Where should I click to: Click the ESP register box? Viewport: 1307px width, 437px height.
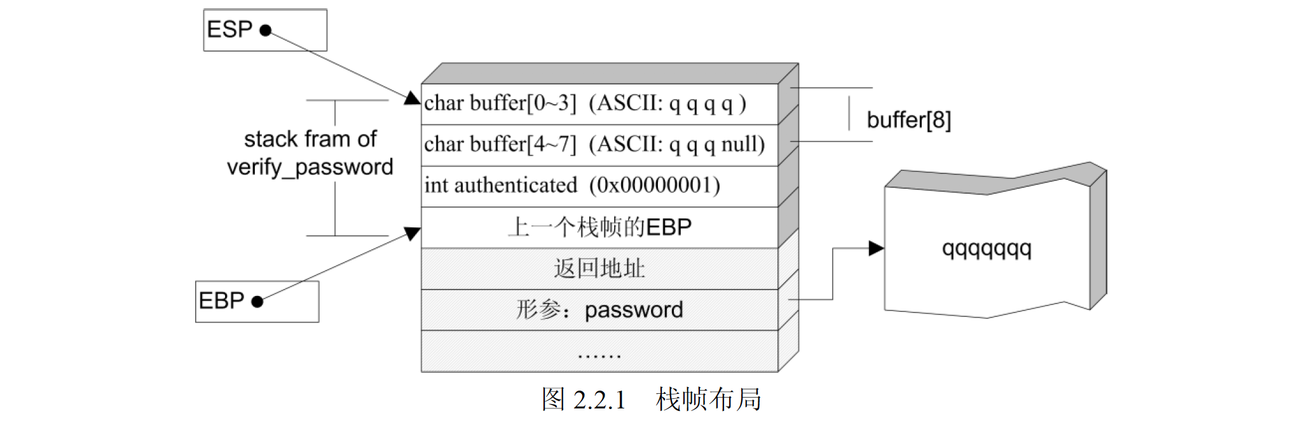pos(265,30)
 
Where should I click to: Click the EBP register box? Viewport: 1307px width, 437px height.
pos(257,302)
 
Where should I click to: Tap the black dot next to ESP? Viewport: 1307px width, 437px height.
pos(266,30)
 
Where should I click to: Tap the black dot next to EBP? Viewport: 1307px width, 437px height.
pos(257,302)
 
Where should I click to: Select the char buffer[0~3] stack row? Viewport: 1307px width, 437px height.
pos(599,104)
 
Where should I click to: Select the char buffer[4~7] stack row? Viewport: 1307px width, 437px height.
pos(599,145)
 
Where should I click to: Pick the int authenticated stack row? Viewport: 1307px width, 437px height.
pos(599,185)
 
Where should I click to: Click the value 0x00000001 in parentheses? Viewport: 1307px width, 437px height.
pos(654,185)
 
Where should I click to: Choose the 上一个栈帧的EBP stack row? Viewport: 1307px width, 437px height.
pos(599,227)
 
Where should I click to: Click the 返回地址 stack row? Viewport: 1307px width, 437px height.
pos(599,269)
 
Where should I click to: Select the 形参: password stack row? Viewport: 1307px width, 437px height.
pos(599,310)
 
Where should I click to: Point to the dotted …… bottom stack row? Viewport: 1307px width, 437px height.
pos(599,351)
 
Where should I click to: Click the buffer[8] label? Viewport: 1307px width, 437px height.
pos(908,120)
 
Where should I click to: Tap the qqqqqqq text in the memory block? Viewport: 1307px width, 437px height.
pos(986,248)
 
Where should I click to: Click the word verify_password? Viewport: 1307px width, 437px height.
pos(310,167)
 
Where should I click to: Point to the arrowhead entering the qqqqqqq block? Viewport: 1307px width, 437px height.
pos(877,248)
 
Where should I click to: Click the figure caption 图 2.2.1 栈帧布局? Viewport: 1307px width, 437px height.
pos(651,400)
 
